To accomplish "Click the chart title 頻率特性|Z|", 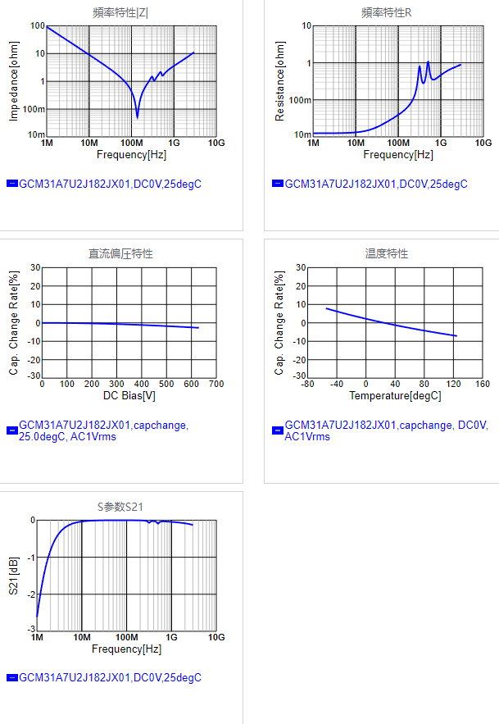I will (120, 12).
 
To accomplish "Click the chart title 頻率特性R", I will (387, 12).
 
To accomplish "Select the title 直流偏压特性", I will (120, 253).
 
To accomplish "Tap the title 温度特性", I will (387, 253).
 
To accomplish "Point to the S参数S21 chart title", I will (120, 506).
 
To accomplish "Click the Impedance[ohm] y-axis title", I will (14, 81).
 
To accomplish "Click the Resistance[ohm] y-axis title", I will (280, 81).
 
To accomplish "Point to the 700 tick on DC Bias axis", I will (215, 384).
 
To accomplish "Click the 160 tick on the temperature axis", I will (482, 384).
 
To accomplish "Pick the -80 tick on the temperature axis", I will (307, 384).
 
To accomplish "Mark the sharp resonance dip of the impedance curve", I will (138, 116).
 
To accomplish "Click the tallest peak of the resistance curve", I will (428, 62).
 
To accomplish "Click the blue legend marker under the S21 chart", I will (11, 678).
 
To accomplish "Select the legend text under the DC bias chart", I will (103, 431).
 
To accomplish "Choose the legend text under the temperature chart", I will (385, 431).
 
